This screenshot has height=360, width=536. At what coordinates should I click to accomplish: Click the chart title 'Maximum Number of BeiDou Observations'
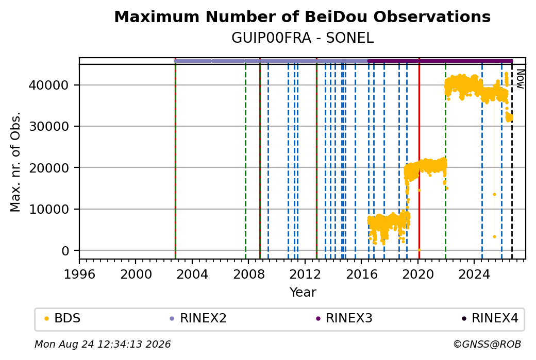coord(302,16)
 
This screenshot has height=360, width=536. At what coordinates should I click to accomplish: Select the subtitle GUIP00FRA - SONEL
coord(303,38)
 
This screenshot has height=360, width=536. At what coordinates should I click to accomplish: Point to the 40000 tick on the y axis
coord(49,85)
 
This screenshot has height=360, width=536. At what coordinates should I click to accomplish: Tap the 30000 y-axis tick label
coord(49,126)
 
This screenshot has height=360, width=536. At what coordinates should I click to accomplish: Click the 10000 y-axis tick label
coord(49,210)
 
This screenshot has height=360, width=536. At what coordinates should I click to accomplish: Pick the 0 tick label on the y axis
coord(65,251)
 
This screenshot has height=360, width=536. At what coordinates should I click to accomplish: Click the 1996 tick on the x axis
coord(79,275)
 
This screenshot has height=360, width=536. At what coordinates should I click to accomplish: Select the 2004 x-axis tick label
coord(192,275)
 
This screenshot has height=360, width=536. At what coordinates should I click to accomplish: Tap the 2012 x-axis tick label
coord(305,275)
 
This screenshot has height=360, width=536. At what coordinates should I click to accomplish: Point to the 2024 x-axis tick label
coord(474,275)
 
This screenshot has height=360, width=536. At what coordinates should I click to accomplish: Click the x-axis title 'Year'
coord(303,293)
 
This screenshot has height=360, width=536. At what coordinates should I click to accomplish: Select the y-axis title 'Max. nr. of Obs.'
coord(15,162)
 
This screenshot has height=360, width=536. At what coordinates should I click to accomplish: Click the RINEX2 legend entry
coord(198,318)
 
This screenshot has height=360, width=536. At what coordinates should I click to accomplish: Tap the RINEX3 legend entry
coord(344,318)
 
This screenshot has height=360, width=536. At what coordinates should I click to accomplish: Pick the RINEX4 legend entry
coord(490,318)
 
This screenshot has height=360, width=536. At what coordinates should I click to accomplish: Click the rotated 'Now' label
coord(521,79)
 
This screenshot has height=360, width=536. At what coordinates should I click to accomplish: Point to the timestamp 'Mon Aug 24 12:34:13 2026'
coord(103,344)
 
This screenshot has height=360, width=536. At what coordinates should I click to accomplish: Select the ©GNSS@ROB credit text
coord(487,344)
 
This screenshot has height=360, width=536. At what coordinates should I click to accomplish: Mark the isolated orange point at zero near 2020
coord(419,250)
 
